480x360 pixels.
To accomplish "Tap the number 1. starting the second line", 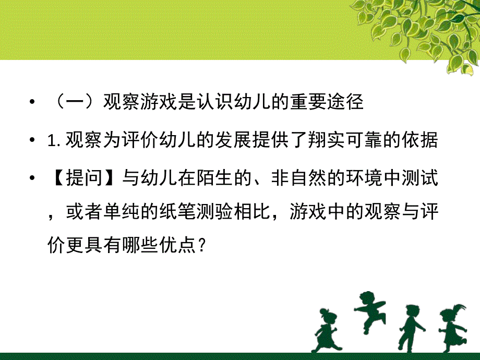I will pos(54,141).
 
